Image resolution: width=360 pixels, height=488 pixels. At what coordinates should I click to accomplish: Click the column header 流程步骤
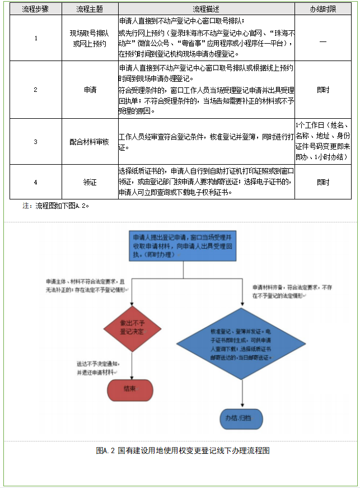tap(35, 10)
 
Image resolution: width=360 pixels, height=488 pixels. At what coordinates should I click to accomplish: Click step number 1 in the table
tap(35, 38)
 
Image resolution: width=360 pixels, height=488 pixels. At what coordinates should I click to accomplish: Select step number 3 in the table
tap(35, 142)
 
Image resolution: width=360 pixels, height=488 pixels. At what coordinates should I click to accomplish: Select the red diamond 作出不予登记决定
tap(132, 328)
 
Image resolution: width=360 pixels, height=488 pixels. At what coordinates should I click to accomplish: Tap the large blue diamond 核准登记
tap(242, 344)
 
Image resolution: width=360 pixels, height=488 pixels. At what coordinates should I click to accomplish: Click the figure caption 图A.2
tap(183, 450)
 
